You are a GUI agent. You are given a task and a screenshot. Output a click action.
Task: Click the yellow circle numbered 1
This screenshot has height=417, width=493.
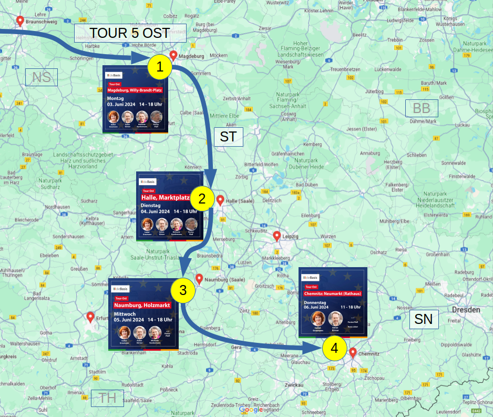(x=160, y=67)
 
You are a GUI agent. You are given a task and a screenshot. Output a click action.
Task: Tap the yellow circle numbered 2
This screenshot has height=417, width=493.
(x=202, y=199)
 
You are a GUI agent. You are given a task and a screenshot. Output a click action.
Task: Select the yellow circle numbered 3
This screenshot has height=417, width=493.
(x=183, y=290)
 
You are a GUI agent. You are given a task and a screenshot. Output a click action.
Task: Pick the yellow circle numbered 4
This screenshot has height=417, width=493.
(x=334, y=348)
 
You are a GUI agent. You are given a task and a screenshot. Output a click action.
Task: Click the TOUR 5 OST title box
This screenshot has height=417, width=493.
(x=130, y=33)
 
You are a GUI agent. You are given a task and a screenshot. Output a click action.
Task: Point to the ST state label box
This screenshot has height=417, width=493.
(x=228, y=137)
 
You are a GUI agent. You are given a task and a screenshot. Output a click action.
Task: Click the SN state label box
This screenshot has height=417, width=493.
(x=424, y=319)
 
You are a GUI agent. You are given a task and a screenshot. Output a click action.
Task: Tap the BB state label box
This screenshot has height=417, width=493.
(x=422, y=108)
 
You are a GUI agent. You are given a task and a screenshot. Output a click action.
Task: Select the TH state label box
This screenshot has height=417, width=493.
(x=107, y=398)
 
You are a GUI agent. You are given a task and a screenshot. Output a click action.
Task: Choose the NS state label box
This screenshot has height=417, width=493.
(x=41, y=78)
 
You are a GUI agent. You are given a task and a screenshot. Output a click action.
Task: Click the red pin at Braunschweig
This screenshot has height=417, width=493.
(x=20, y=21)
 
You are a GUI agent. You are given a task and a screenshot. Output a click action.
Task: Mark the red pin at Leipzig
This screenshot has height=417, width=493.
(x=277, y=236)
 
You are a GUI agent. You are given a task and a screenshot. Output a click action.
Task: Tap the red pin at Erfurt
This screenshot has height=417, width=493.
(x=90, y=317)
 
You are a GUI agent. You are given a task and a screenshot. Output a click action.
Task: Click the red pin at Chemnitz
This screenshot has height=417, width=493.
(x=353, y=352)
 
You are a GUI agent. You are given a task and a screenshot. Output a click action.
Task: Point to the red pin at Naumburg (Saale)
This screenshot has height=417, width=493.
(x=199, y=279)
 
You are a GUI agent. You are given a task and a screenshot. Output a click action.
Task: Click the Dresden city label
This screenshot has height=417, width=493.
(x=466, y=310)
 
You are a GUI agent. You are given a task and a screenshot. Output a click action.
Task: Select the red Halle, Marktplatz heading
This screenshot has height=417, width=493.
(x=166, y=197)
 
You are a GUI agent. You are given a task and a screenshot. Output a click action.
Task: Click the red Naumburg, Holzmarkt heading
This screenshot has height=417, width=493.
(x=142, y=305)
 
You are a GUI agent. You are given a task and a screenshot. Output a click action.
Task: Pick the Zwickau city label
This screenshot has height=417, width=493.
(x=294, y=385)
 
